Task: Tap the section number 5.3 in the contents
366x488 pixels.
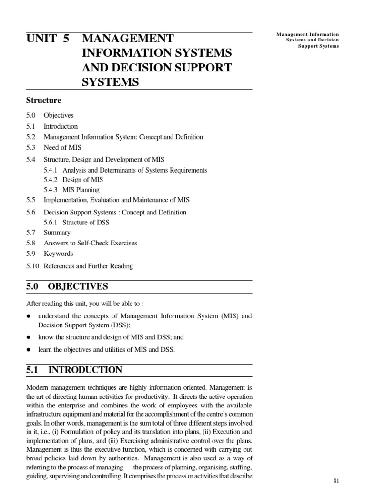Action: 31,147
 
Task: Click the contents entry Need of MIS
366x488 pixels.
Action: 62,147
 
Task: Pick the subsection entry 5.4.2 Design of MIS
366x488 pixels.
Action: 73,180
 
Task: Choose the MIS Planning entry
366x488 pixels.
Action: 81,190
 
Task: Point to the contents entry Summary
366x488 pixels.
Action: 57,233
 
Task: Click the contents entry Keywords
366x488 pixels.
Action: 58,254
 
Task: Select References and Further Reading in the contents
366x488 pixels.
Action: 88,266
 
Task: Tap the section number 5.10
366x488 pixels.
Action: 33,266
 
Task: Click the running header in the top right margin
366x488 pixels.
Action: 308,41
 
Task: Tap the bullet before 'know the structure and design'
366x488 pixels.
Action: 29,337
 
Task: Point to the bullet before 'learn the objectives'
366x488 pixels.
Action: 29,350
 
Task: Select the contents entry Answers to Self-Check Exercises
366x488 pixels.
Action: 90,243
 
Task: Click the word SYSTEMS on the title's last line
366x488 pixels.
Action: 110,82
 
